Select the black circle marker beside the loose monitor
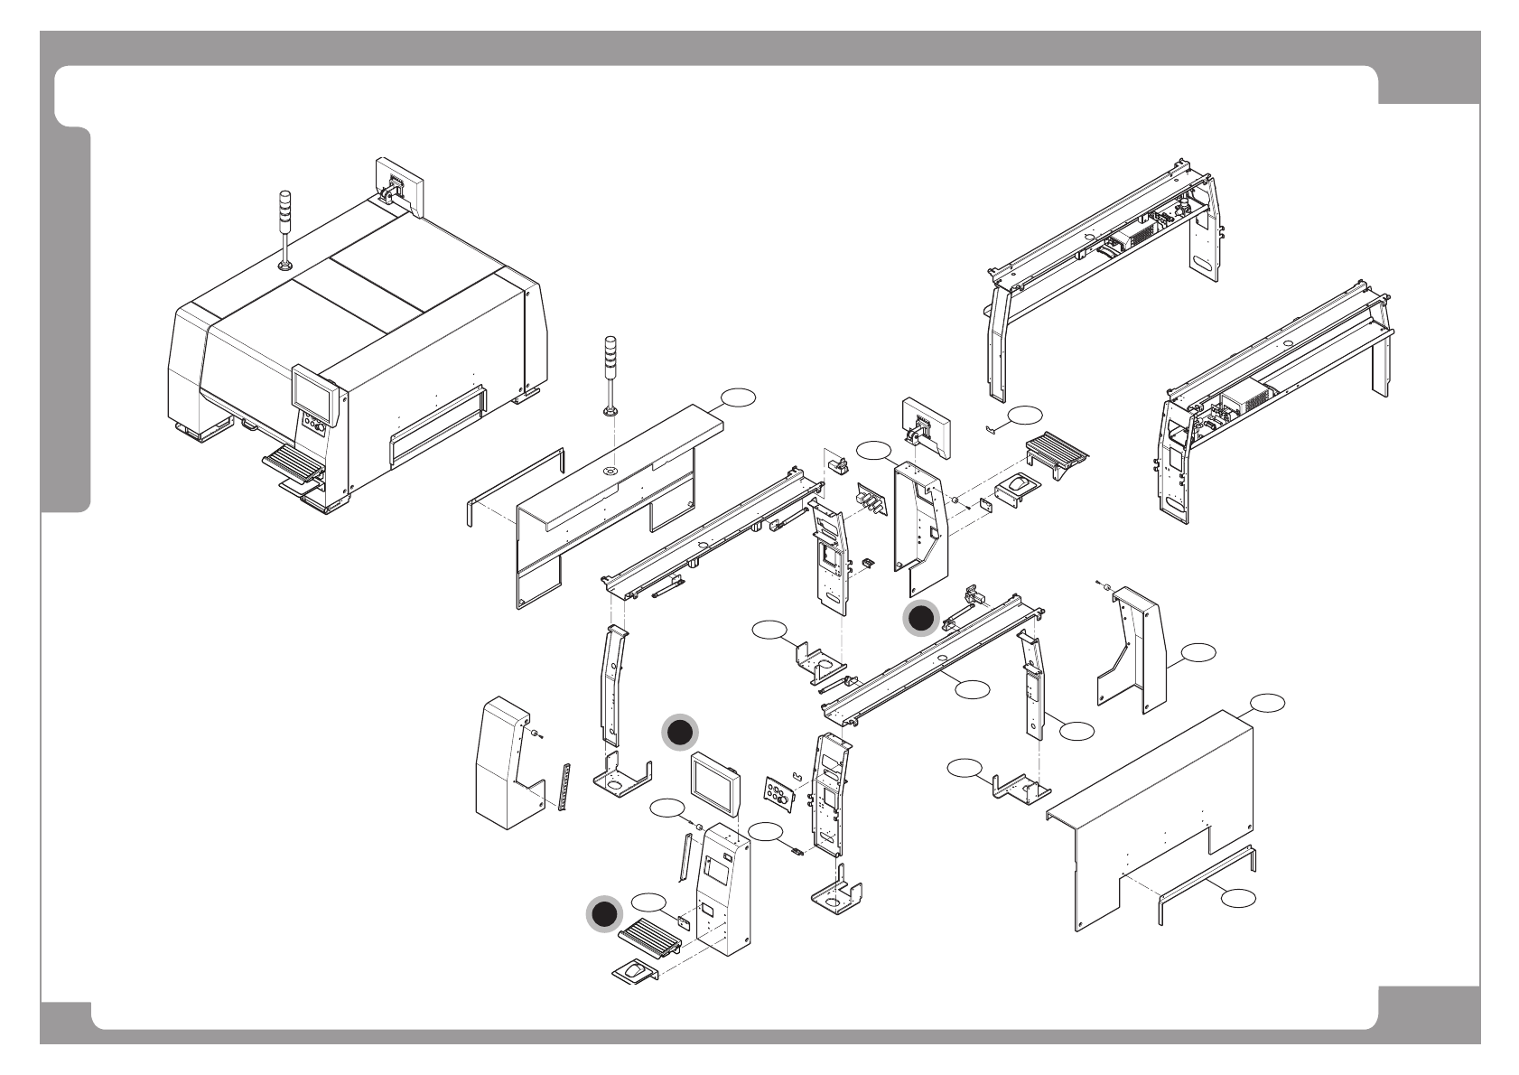[x=679, y=734]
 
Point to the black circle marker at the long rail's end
[x=922, y=618]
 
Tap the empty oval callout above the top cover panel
[x=738, y=397]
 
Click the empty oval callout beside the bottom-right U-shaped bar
[x=1239, y=897]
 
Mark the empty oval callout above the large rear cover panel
[x=1265, y=702]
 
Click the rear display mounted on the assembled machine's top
[x=398, y=186]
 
